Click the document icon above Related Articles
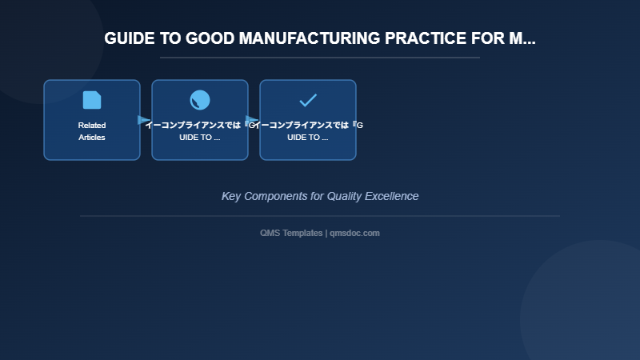92,100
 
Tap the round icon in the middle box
200,100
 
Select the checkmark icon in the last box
308,100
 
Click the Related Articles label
92,131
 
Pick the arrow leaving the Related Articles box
144,120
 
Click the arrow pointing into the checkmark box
252,120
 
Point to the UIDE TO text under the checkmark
308,137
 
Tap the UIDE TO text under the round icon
200,137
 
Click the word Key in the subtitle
231,196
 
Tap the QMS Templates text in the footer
291,233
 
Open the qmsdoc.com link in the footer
354,233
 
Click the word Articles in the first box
92,137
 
